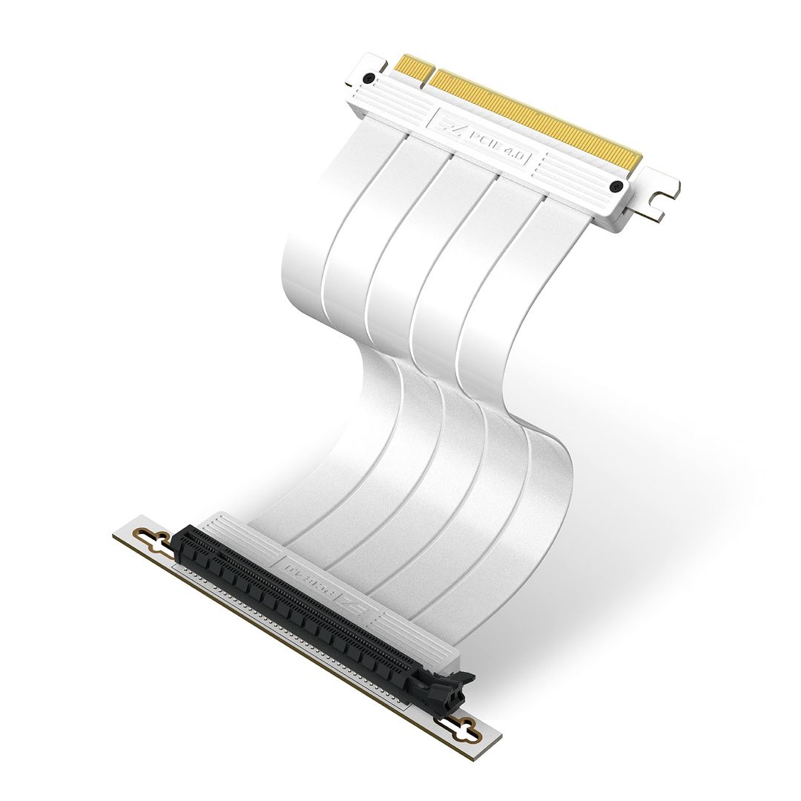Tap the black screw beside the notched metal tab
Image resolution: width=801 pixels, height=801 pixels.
pyautogui.click(x=615, y=187)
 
